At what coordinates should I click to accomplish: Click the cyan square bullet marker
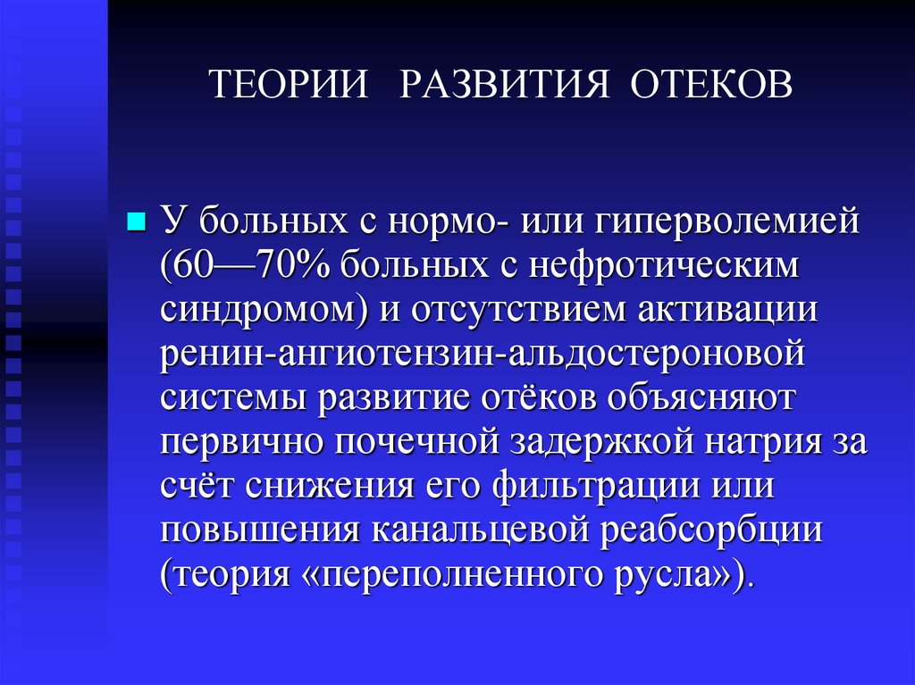pos(137,221)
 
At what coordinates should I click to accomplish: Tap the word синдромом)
pos(264,310)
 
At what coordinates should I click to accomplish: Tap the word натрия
pos(759,442)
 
